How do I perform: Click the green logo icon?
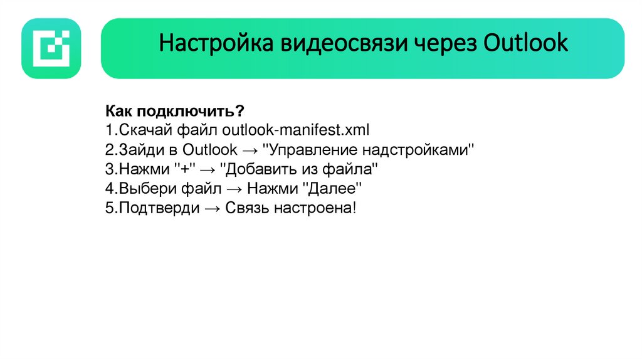tap(51, 48)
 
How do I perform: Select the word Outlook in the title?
tap(526, 43)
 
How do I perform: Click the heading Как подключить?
tap(174, 111)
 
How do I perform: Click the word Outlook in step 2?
tap(210, 150)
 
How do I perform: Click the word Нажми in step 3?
tap(147, 169)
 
